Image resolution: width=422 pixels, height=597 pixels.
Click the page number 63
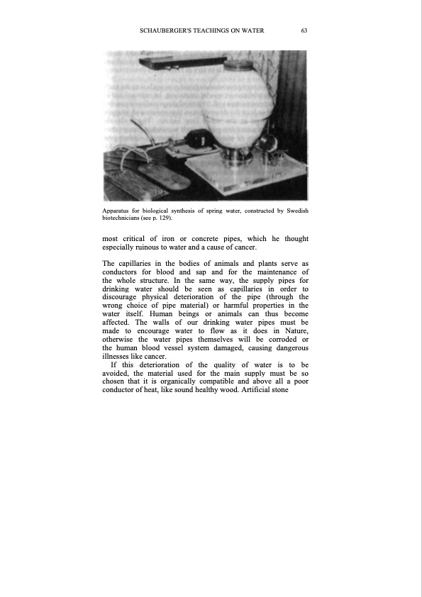point(304,30)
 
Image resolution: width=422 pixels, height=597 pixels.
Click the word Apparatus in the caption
point(118,211)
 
